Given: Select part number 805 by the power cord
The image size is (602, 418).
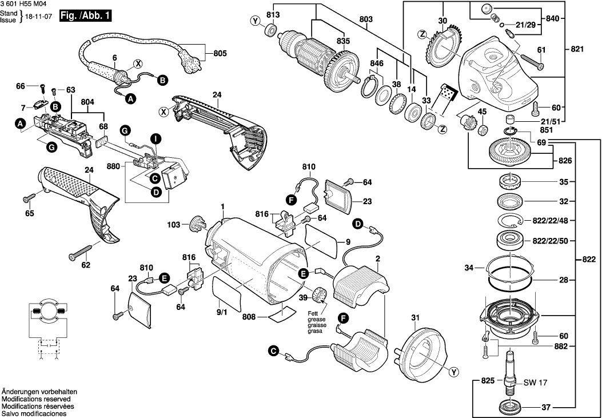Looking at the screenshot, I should tap(220, 53).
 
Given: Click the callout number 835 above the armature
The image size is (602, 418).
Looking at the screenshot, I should tap(342, 41).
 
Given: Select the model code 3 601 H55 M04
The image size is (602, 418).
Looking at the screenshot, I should tap(24, 4).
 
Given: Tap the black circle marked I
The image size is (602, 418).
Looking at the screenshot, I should tap(156, 138).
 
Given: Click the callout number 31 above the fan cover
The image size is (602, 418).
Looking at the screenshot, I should tap(415, 318).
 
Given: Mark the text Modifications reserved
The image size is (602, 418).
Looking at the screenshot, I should tap(35, 399).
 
